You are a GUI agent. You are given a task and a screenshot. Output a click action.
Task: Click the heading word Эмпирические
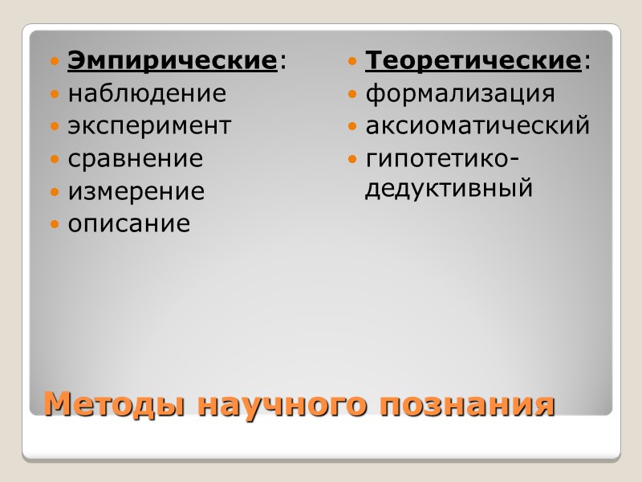pyautogui.click(x=173, y=61)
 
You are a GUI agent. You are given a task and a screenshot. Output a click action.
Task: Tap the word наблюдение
pyautogui.click(x=147, y=94)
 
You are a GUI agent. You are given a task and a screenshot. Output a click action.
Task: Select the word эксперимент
pyautogui.click(x=149, y=126)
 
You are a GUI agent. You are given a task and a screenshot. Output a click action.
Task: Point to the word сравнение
pyautogui.click(x=136, y=158)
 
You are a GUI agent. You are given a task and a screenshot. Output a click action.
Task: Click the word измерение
pyautogui.click(x=136, y=192)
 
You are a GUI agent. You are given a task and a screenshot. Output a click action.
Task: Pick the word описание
pyautogui.click(x=129, y=224)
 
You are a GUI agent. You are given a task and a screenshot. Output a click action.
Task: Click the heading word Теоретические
pyautogui.click(x=473, y=61)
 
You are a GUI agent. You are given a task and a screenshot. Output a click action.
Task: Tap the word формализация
pyautogui.click(x=461, y=94)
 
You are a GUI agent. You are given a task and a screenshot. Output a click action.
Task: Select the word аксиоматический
pyautogui.click(x=477, y=126)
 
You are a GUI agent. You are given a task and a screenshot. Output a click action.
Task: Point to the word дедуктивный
pyautogui.click(x=449, y=190)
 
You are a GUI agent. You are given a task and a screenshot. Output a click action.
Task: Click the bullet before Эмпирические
pyautogui.click(x=55, y=62)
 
